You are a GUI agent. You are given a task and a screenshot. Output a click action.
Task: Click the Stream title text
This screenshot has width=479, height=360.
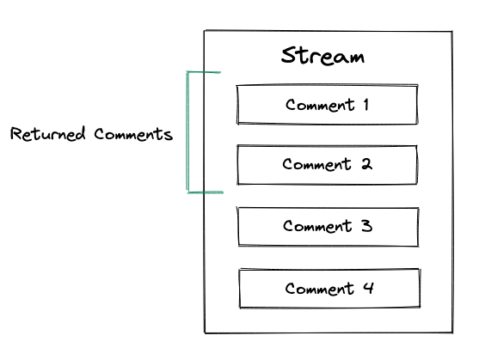(322, 57)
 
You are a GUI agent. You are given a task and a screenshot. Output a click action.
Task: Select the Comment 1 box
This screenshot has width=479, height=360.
(327, 106)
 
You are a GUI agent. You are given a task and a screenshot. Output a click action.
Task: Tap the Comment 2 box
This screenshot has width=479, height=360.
(327, 165)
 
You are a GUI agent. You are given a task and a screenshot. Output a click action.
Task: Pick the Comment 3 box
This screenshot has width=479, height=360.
(328, 227)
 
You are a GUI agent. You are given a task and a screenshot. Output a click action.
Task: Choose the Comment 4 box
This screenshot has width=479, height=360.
(329, 289)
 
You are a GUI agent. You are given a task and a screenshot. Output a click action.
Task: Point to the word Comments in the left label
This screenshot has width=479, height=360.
(133, 135)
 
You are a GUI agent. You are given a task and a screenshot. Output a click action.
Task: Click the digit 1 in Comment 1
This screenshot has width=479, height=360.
(365, 106)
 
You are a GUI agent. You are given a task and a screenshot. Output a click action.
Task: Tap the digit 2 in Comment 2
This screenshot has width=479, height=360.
(366, 165)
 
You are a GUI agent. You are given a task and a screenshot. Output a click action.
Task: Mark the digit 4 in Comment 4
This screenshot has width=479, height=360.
(368, 289)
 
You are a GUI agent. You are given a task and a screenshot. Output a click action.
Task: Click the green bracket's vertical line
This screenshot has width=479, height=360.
(187, 133)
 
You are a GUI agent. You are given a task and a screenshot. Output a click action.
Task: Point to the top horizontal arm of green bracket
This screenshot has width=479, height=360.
(205, 74)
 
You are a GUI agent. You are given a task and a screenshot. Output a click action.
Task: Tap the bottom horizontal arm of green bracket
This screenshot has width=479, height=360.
(206, 192)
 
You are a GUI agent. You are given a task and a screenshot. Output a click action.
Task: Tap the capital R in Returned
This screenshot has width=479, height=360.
(15, 135)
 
